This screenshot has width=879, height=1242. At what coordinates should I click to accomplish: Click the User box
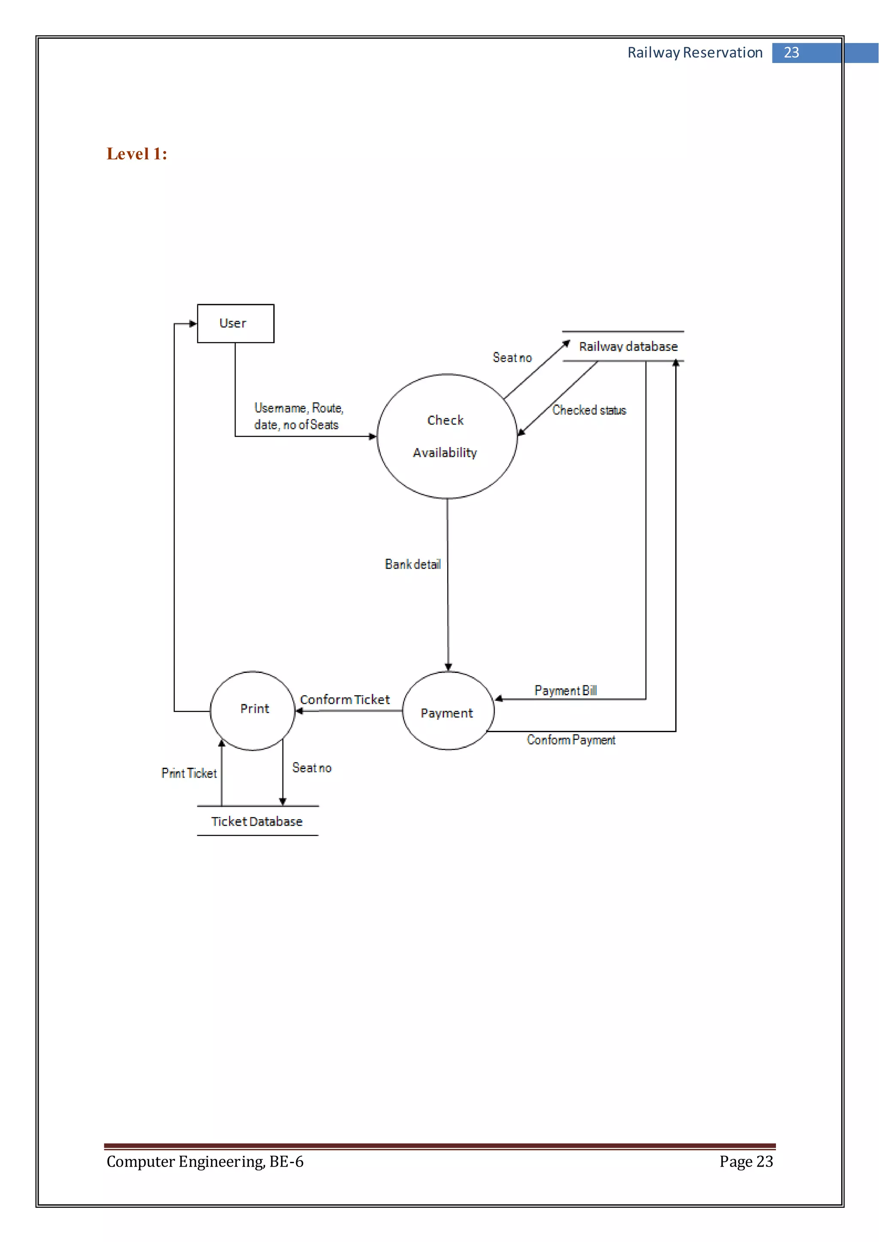pyautogui.click(x=236, y=323)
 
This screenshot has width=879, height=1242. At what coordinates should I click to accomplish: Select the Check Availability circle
pyautogui.click(x=446, y=436)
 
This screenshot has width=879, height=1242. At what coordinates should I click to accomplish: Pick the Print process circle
pyautogui.click(x=253, y=710)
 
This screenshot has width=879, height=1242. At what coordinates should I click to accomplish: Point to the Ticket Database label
pyautogui.click(x=257, y=822)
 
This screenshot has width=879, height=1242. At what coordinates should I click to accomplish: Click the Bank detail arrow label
pyautogui.click(x=412, y=564)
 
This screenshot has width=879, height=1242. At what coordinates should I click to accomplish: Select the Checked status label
pyautogui.click(x=589, y=410)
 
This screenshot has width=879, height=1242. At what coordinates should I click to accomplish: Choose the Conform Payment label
pyautogui.click(x=571, y=740)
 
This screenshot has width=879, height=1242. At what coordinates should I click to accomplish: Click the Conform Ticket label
pyautogui.click(x=345, y=700)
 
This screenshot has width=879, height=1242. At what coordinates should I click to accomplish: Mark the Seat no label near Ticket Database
pyautogui.click(x=312, y=768)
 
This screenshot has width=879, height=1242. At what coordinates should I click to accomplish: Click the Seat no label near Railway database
pyautogui.click(x=512, y=358)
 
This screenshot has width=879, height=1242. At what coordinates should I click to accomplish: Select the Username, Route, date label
pyautogui.click(x=299, y=416)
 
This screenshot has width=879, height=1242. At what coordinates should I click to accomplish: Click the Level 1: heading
pyautogui.click(x=137, y=154)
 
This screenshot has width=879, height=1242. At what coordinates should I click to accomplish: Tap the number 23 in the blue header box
pyautogui.click(x=791, y=52)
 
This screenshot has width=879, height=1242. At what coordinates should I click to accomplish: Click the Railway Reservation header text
pyautogui.click(x=694, y=52)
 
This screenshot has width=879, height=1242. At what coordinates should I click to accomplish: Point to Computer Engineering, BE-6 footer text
pyautogui.click(x=205, y=1161)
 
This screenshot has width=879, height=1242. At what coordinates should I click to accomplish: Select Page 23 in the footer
pyautogui.click(x=746, y=1161)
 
